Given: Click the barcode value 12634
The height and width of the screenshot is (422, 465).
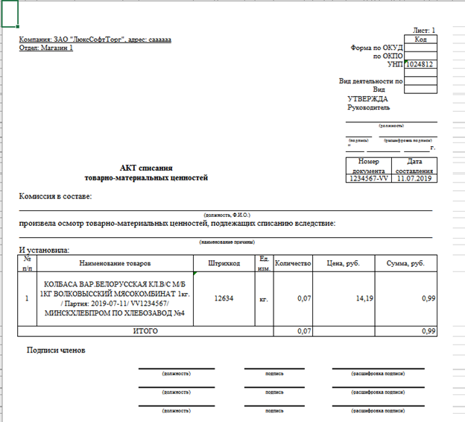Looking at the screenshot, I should pos(224,298).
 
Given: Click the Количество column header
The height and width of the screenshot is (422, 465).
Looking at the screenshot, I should pos(293,263).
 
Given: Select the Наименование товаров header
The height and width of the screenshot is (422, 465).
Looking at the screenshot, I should pos(115,263).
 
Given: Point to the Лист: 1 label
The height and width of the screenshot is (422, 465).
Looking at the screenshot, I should pos(423,30).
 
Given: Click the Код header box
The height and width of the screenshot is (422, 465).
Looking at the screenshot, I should pos(420,38).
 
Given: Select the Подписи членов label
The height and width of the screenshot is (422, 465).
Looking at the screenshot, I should pos(57,350).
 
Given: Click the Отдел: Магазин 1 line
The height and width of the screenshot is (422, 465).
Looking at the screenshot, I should pos(46,48).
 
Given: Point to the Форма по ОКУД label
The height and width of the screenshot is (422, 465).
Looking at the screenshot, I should pos(376,48).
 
